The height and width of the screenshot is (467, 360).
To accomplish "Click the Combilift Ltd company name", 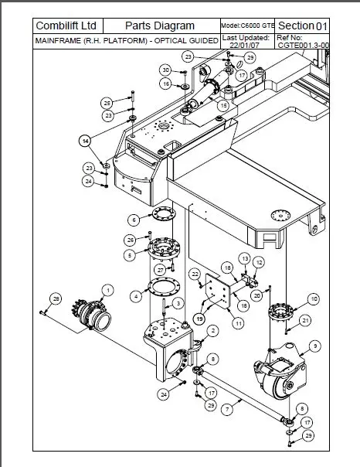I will [67, 26].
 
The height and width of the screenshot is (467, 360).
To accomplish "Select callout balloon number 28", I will [55, 298].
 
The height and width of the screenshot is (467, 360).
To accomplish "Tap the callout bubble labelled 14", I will [84, 140].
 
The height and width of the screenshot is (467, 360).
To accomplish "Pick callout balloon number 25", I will [107, 102].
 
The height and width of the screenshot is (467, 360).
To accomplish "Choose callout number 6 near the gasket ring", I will [134, 220].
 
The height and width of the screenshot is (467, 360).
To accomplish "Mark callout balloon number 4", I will [136, 295].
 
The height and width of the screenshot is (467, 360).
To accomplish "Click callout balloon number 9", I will [314, 345].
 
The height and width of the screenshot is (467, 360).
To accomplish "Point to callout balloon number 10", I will [313, 298].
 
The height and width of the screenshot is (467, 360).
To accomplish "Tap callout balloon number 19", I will [200, 317].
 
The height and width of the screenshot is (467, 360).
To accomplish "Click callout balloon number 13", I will [244, 257].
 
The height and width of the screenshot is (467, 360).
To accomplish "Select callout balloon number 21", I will [305, 320].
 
